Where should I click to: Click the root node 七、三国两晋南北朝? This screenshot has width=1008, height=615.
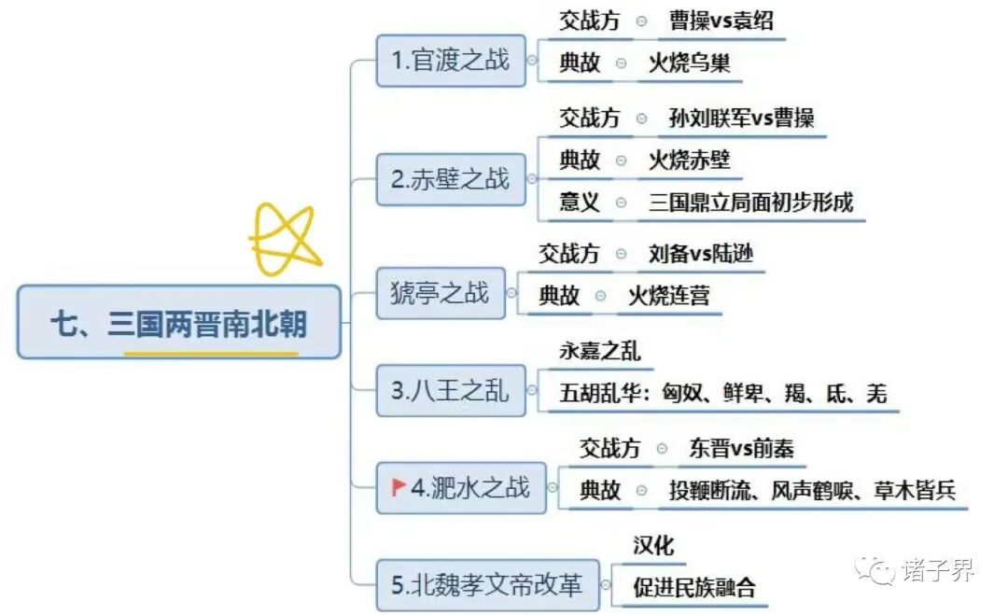pyautogui.click(x=178, y=323)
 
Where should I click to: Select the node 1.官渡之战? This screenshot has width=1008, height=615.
pyautogui.click(x=451, y=61)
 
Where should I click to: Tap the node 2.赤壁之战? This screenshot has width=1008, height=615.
pyautogui.click(x=451, y=179)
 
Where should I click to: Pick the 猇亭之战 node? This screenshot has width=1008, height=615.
pyautogui.click(x=440, y=293)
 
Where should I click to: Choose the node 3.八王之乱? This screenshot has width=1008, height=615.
pyautogui.click(x=451, y=390)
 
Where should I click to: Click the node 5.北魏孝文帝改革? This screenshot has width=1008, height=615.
pyautogui.click(x=486, y=585)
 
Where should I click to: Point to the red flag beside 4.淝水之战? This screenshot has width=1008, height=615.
pyautogui.click(x=399, y=486)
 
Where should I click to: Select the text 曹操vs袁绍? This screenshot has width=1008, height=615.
pyautogui.click(x=721, y=21)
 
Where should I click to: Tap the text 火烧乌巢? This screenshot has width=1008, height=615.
pyautogui.click(x=690, y=63)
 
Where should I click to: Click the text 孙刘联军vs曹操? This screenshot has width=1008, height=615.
pyautogui.click(x=742, y=119)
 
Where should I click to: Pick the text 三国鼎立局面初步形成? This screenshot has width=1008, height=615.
pyautogui.click(x=751, y=202)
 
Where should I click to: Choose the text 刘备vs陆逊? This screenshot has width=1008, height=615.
pyautogui.click(x=701, y=253)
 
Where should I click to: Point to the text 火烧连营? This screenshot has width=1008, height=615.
pyautogui.click(x=668, y=296)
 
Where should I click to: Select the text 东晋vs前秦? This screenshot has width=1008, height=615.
pyautogui.click(x=742, y=449)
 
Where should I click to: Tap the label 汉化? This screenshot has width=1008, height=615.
pyautogui.click(x=653, y=545)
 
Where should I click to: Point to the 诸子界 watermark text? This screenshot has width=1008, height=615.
pyautogui.click(x=938, y=569)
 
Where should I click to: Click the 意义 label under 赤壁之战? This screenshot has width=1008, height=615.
pyautogui.click(x=580, y=202)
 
